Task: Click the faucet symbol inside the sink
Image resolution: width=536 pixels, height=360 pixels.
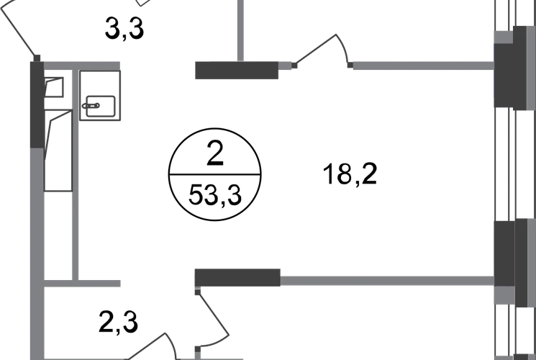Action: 94,107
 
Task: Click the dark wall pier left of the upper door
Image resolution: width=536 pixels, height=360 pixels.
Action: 235,70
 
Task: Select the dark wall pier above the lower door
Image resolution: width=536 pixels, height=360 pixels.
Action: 236,277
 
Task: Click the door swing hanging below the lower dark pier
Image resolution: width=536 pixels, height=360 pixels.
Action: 212,313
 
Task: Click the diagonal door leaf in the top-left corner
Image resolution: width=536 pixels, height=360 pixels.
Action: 18,29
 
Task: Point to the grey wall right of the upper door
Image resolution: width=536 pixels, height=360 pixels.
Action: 421,66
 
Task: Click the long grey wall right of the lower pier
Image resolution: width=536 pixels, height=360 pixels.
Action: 385,279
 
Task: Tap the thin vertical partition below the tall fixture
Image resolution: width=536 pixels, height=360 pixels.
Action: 75,234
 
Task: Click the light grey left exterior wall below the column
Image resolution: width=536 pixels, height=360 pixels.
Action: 33,252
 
